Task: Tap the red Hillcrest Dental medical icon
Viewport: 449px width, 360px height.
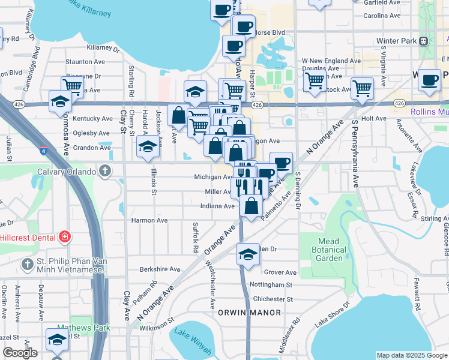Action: (64, 238)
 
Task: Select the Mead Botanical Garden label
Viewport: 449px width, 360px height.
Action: (330, 250)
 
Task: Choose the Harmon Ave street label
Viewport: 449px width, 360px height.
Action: (149, 220)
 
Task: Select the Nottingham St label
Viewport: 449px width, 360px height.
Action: (273, 285)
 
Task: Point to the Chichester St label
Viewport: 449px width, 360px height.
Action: (273, 299)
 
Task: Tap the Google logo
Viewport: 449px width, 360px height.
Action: (19, 353)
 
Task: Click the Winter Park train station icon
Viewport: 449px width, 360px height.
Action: (424, 41)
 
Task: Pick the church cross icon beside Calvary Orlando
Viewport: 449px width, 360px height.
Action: (105, 172)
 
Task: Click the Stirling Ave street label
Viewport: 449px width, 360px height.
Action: (435, 219)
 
